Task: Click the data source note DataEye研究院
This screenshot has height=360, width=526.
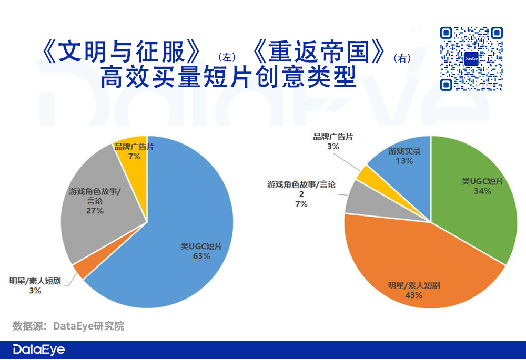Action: [x=68, y=326]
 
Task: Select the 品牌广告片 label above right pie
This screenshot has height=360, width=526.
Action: [x=333, y=137]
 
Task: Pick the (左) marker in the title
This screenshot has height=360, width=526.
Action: [x=227, y=57]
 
